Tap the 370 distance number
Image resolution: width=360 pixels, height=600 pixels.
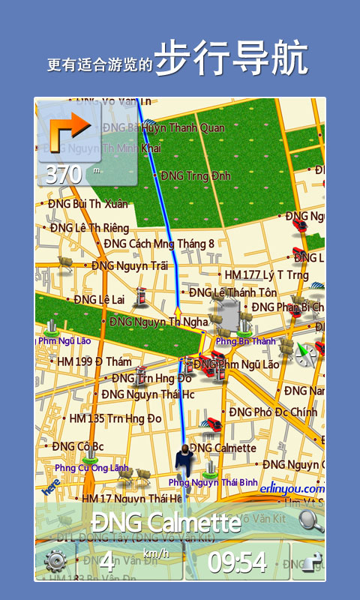coord(64,174)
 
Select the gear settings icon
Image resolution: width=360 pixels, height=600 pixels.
coord(55,561)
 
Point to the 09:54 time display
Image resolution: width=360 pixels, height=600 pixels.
coord(237,562)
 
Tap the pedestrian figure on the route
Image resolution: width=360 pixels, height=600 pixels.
coord(184,459)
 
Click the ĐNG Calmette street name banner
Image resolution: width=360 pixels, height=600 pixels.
coord(166,522)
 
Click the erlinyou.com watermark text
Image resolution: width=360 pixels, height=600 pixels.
coord(292,488)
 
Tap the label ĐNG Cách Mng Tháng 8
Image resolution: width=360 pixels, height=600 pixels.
coord(158,244)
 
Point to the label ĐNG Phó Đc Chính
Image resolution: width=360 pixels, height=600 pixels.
coord(273,412)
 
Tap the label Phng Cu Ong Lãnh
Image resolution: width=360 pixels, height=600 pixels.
coord(91,468)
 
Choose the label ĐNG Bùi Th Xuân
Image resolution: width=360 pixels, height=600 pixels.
coord(88,203)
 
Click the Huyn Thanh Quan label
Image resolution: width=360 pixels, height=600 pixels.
coord(183,127)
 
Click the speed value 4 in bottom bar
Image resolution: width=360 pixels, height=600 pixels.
coord(108,562)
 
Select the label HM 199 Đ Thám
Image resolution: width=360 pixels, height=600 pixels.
coord(94,361)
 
